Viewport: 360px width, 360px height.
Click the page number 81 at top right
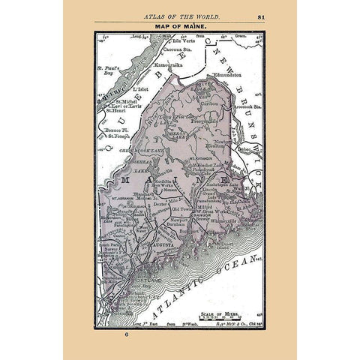point(280,15)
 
